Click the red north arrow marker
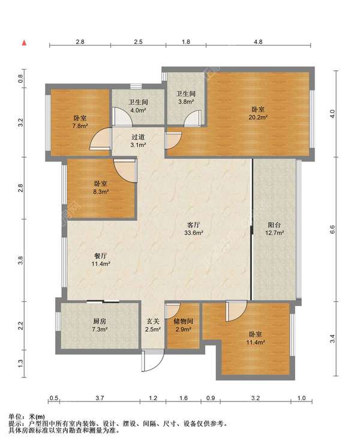tap(25, 43)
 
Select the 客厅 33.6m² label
tap(194, 229)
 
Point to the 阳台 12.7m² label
tap(274, 229)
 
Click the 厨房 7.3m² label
tap(100, 325)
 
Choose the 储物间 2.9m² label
tap(183, 325)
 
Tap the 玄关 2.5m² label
tap(153, 325)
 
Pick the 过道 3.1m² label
tap(138, 141)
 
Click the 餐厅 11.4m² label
tap(101, 260)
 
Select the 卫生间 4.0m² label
tap(138, 106)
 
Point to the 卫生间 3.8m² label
tap(185, 97)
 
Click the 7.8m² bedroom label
tap(80, 122)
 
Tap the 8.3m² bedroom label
tap(101, 187)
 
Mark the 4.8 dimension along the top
tap(258, 42)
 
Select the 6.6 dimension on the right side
tap(332, 229)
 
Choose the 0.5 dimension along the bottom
tap(54, 398)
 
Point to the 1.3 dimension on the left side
tap(20, 364)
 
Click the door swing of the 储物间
tap(173, 310)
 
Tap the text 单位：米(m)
tap(27, 417)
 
